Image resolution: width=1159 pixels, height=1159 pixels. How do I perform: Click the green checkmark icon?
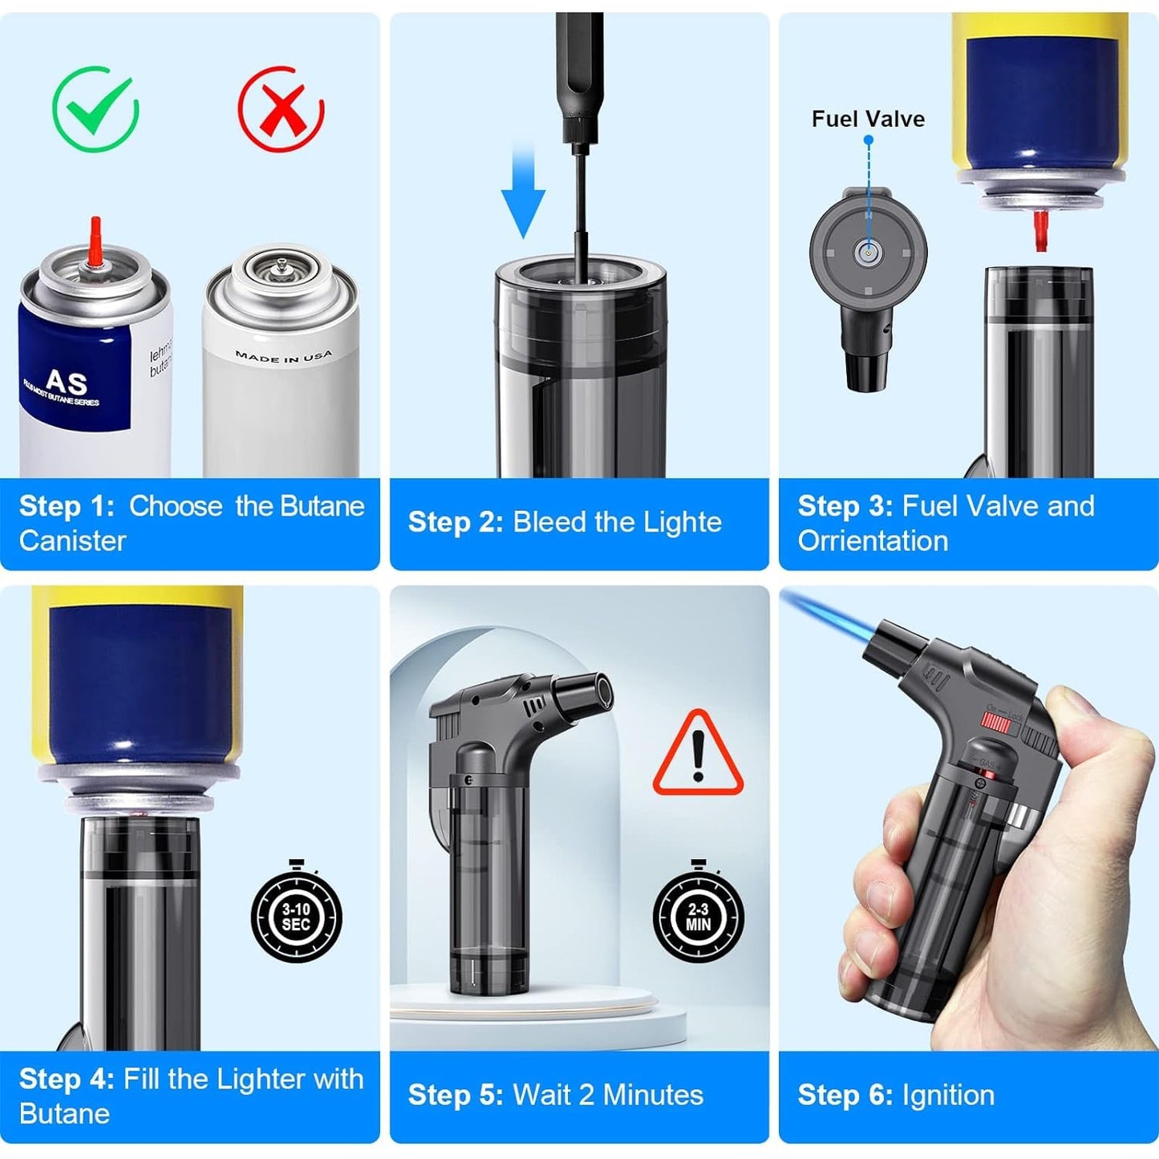coord(95,109)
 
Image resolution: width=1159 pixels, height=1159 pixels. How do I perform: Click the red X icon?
coord(281,109)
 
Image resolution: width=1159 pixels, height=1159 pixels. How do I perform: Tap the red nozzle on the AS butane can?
coord(96,241)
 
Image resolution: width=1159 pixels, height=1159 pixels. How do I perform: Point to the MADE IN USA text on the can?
coord(283,356)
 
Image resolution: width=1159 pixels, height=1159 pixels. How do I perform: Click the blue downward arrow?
coord(523,192)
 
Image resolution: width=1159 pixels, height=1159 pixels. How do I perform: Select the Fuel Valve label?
coord(868,120)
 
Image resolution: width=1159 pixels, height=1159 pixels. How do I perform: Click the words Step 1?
coord(67,506)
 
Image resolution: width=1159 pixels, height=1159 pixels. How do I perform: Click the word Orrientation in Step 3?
coord(873,541)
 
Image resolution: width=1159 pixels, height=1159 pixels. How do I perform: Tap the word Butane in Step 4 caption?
coord(64,1114)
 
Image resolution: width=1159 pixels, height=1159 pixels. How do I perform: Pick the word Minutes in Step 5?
coord(653,1096)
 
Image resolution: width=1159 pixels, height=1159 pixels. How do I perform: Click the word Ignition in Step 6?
coord(948,1096)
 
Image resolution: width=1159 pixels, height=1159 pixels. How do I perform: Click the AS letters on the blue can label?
coord(66,381)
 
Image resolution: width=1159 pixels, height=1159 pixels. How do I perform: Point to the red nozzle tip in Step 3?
coord(1041,230)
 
